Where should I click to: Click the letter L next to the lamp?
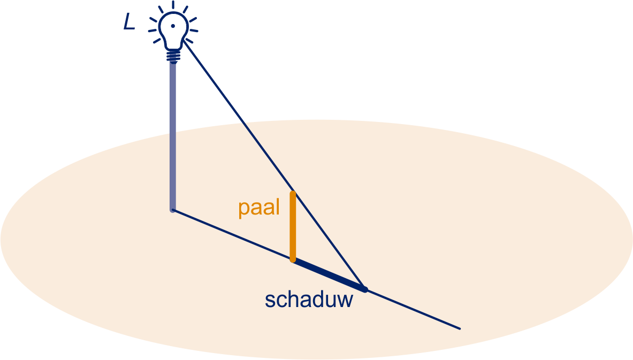(129, 22)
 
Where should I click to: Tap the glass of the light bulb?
(173, 28)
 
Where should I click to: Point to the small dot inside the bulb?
(173, 26)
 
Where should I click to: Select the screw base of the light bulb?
(173, 56)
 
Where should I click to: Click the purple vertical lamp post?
(173, 136)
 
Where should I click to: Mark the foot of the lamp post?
(173, 210)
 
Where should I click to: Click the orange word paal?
(259, 208)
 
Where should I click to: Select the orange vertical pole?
(293, 226)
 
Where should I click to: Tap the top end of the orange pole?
(293, 193)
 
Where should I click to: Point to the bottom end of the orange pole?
(293, 260)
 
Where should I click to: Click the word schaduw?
(309, 300)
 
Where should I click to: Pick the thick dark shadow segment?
(329, 275)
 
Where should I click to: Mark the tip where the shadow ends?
(365, 289)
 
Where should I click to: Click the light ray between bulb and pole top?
(238, 116)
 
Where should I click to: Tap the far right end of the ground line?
(460, 328)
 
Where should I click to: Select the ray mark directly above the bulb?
(173, 5)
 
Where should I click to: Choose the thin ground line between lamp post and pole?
(233, 235)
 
